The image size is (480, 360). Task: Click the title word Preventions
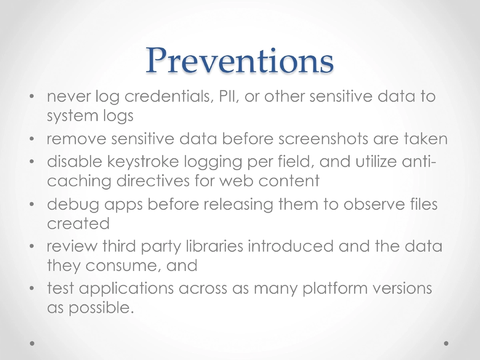click(239, 60)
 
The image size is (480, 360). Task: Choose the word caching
click(79, 181)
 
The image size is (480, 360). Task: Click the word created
click(78, 223)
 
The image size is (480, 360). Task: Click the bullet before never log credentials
click(32, 97)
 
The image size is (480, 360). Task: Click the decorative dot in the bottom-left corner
click(33, 343)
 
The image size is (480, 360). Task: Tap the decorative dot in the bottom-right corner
click(446, 343)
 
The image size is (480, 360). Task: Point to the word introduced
click(290, 246)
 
